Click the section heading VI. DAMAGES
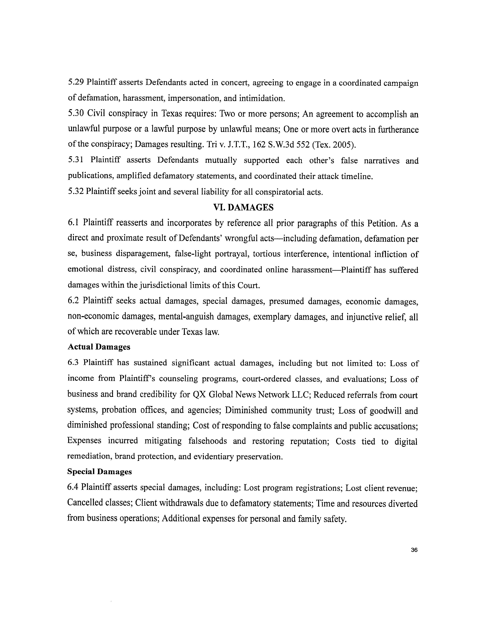[243, 207]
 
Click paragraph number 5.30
[76, 114]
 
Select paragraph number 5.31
[76, 160]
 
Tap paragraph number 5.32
[76, 192]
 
